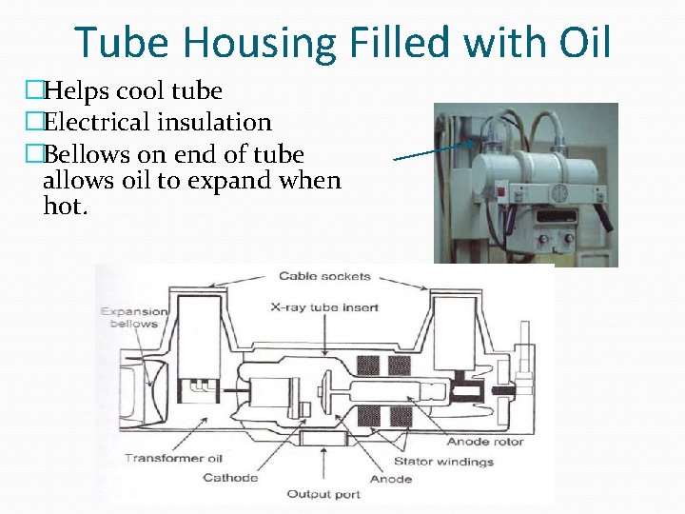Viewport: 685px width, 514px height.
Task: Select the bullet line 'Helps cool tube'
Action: coord(132,91)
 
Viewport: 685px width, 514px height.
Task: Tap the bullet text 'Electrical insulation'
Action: coord(157,123)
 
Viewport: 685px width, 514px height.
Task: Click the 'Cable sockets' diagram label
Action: coord(324,277)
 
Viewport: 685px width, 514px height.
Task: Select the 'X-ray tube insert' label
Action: coord(324,306)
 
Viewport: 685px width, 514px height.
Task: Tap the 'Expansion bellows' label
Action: coord(134,317)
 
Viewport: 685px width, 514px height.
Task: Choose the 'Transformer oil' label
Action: coord(173,459)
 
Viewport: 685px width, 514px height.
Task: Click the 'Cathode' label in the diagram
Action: coord(230,477)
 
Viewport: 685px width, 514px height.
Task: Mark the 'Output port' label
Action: coord(324,494)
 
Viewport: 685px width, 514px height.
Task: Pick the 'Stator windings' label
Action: coord(443,463)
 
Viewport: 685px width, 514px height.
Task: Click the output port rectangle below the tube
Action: coord(324,436)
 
